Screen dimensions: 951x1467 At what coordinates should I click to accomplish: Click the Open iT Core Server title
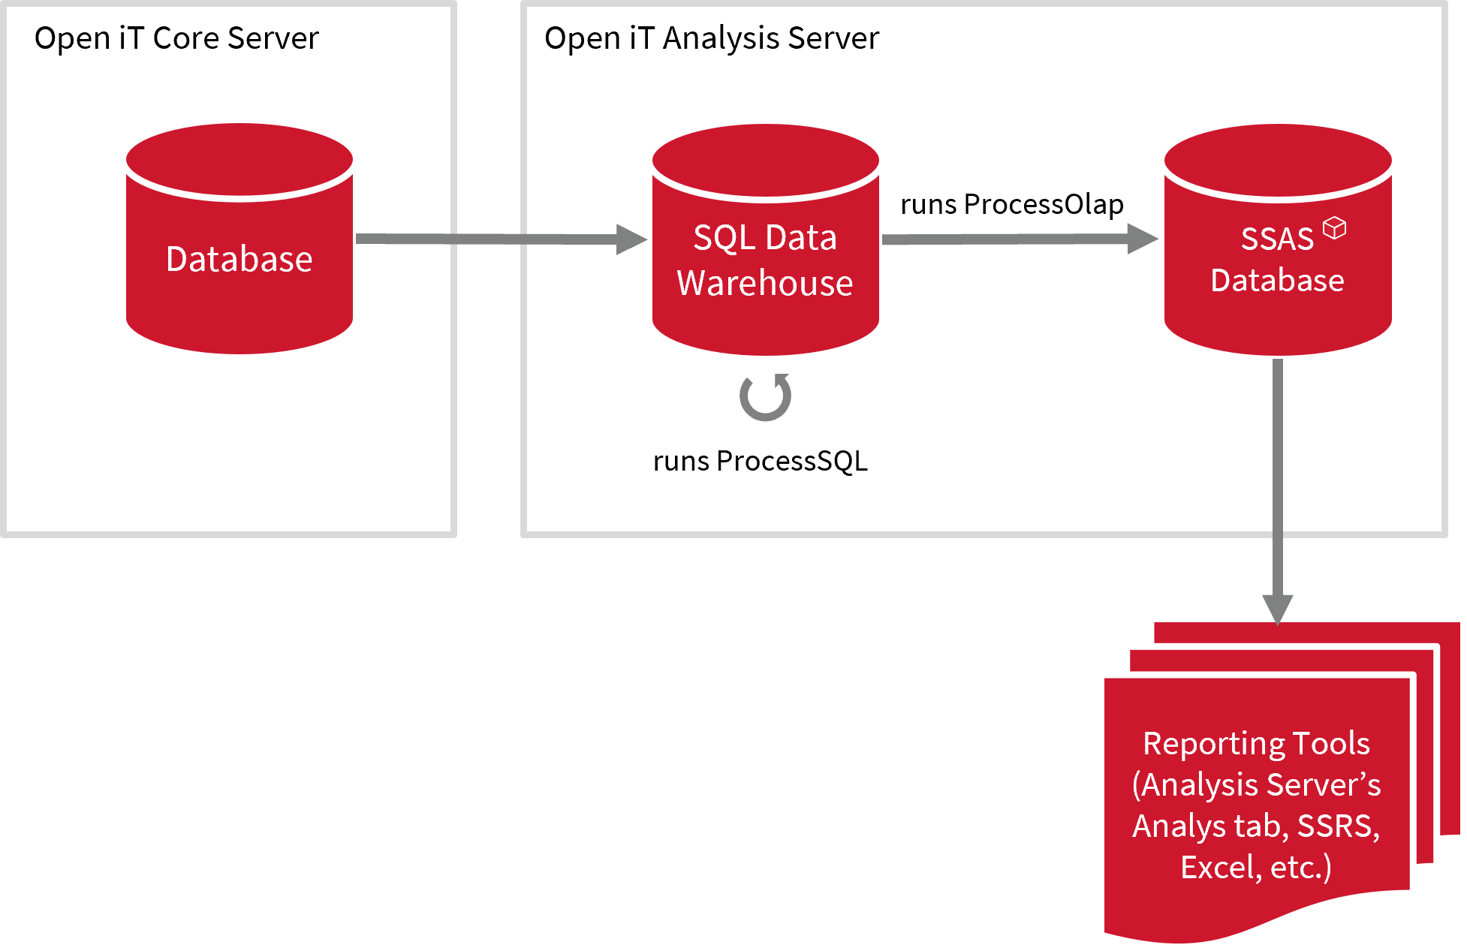click(x=176, y=38)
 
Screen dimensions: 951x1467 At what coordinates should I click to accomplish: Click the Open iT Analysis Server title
click(x=711, y=38)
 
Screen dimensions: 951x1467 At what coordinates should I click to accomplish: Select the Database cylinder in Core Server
click(x=239, y=259)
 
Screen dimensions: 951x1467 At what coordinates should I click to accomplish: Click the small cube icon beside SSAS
click(x=1334, y=227)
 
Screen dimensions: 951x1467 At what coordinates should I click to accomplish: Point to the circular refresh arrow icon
click(x=765, y=397)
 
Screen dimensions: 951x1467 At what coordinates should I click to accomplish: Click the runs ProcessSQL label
click(x=760, y=461)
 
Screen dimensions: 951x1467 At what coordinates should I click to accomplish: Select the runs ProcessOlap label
click(x=1011, y=204)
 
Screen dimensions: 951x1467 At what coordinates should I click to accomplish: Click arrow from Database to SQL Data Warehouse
click(x=488, y=239)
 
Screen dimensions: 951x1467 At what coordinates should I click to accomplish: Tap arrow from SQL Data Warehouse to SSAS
click(x=1006, y=239)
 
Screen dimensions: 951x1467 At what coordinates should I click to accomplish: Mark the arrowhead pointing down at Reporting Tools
click(x=1277, y=608)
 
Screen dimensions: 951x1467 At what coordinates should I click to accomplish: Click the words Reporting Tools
click(x=1256, y=744)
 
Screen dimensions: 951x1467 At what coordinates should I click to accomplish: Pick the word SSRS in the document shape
click(x=1338, y=826)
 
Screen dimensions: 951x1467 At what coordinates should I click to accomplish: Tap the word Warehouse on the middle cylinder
click(x=765, y=283)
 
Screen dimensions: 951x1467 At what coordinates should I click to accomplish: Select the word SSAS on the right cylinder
click(x=1276, y=239)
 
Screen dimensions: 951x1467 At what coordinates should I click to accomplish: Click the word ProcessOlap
click(x=1044, y=204)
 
